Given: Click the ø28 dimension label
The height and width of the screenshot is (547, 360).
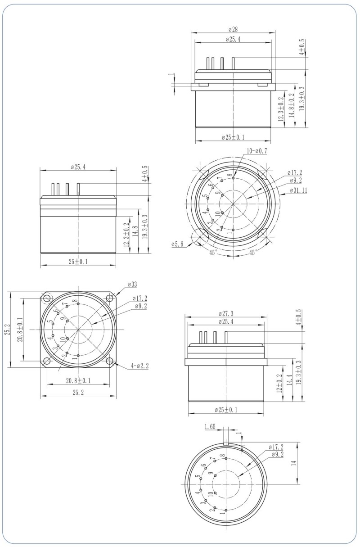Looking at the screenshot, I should [x=233, y=29].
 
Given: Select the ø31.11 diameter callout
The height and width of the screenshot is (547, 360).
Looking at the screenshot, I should [x=297, y=190].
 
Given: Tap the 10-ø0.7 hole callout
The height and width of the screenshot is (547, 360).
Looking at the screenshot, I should [x=256, y=151].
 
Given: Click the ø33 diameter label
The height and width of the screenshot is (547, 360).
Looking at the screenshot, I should [x=132, y=284].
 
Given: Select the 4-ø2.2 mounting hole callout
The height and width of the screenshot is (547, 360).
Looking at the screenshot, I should [x=139, y=366].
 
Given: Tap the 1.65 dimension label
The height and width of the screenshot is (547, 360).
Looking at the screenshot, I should [x=210, y=426].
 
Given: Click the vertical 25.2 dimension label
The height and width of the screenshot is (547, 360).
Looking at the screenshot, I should [x=7, y=330].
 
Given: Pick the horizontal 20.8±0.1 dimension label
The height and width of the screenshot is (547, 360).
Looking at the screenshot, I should [x=78, y=380].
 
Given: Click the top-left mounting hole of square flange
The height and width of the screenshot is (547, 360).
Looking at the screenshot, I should [x=47, y=298].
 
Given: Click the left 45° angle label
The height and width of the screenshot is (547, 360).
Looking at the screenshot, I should [x=213, y=253].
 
